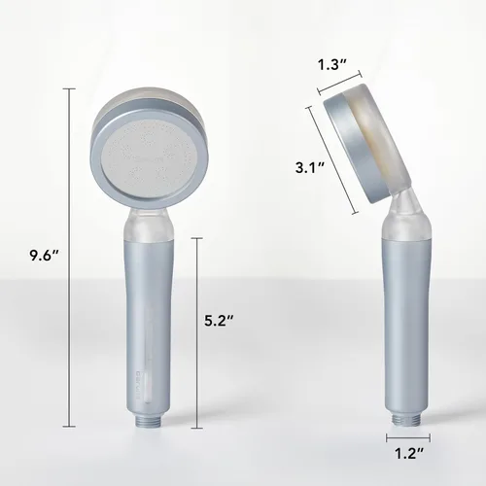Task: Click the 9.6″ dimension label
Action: click(44, 256)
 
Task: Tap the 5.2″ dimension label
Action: click(219, 321)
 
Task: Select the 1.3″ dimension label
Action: click(332, 65)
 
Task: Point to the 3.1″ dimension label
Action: click(310, 168)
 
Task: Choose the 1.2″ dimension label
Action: click(409, 453)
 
